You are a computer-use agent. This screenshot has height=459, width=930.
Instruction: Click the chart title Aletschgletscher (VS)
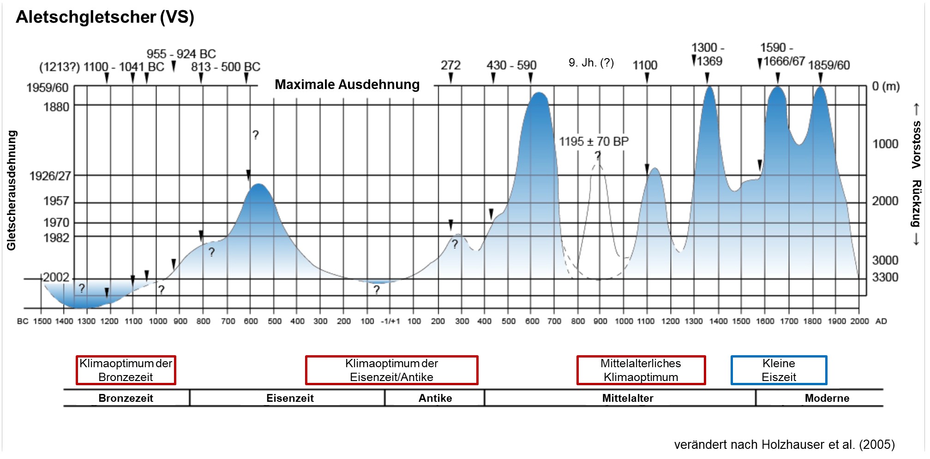click(x=105, y=17)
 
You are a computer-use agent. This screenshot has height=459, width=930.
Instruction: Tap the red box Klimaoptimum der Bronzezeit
click(x=126, y=370)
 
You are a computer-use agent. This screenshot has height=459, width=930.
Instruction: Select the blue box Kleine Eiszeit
click(x=779, y=370)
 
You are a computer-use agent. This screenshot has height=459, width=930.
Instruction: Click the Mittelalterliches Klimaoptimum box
click(x=641, y=370)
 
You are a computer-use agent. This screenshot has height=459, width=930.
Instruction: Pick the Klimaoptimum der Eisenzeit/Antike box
click(x=391, y=370)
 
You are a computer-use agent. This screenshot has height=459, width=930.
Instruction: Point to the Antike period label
click(x=435, y=398)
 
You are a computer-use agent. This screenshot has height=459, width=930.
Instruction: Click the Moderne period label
click(x=827, y=398)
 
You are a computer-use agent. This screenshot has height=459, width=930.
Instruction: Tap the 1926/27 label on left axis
click(x=50, y=176)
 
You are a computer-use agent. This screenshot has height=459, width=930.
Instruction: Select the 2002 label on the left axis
click(x=56, y=277)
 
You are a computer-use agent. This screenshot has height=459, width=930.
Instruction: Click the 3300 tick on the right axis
click(x=885, y=277)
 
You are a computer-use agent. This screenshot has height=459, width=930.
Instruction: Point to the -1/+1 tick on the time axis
click(x=390, y=321)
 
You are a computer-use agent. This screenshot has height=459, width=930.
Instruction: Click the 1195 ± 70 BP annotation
click(x=594, y=141)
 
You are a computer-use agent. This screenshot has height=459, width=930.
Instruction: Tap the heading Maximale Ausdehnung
click(x=347, y=84)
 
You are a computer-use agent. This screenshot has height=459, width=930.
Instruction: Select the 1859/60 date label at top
click(x=828, y=65)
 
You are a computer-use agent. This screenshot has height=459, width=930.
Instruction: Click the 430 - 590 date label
click(x=511, y=65)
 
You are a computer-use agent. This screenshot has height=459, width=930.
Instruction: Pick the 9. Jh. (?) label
click(x=591, y=63)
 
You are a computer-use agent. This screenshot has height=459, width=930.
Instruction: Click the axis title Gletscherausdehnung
click(x=12, y=190)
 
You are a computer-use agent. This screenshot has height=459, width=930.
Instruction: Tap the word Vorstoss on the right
click(x=916, y=144)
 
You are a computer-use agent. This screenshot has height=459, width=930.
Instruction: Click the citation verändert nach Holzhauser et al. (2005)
click(x=784, y=444)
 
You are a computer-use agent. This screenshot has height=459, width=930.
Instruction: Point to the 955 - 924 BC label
click(x=181, y=54)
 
